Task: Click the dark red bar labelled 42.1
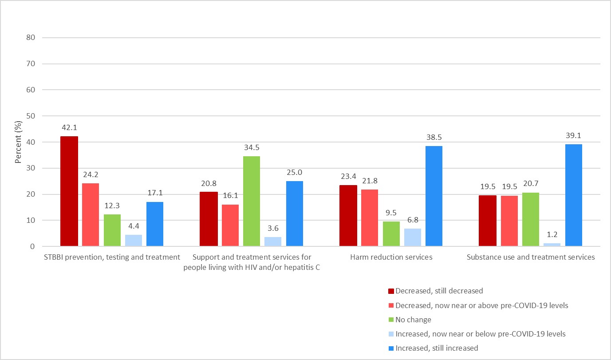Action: (x=69, y=191)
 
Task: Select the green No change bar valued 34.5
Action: (x=252, y=201)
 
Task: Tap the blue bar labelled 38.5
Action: (x=434, y=196)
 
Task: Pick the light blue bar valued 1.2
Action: (x=552, y=245)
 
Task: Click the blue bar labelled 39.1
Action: (x=573, y=195)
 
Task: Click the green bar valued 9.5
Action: (x=391, y=234)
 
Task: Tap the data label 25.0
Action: (x=295, y=172)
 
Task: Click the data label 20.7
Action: (x=531, y=183)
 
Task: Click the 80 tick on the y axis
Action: (x=30, y=38)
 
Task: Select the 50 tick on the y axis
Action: (x=30, y=116)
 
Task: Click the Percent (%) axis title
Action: (x=18, y=142)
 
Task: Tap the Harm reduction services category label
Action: (x=391, y=257)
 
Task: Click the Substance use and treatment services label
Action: (x=531, y=257)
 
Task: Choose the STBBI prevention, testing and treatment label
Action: (x=112, y=257)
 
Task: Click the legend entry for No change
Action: (x=413, y=320)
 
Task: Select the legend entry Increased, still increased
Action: (x=437, y=348)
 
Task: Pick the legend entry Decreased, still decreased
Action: (x=439, y=291)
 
